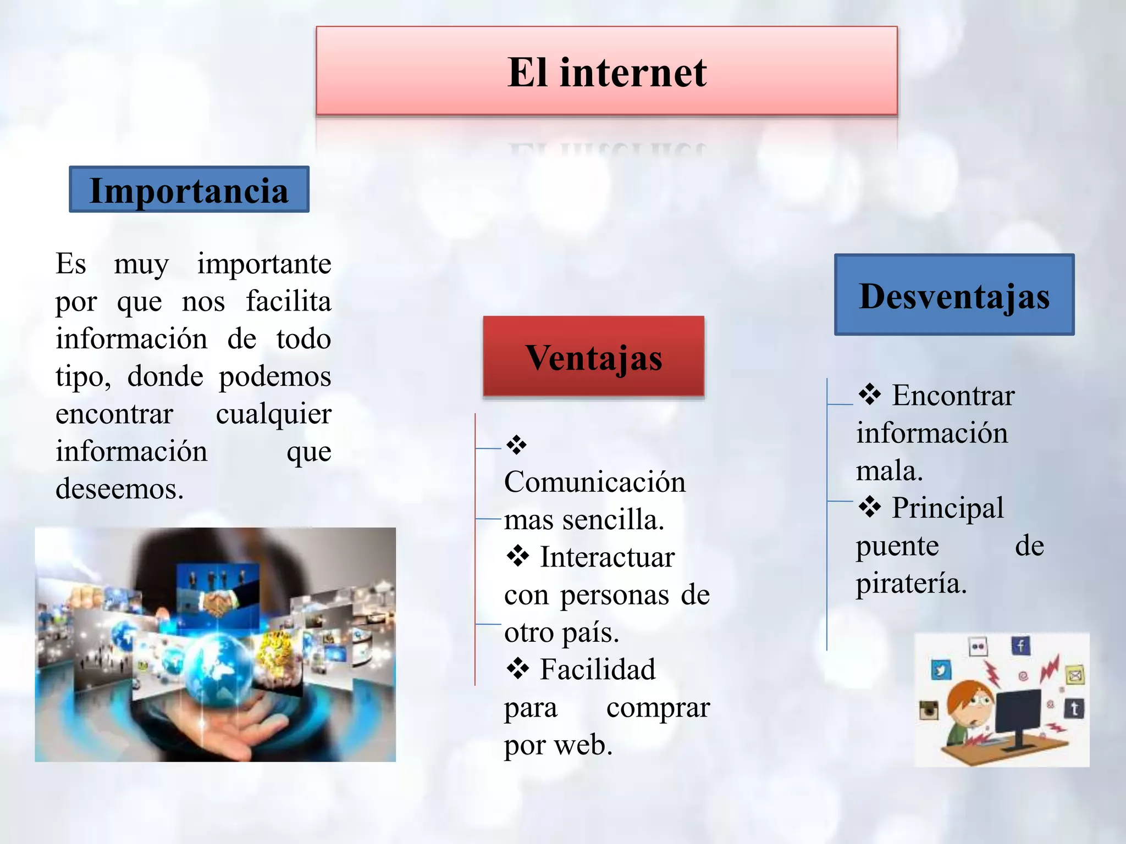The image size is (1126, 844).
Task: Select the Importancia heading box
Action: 189,190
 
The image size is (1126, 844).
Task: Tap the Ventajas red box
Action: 593,357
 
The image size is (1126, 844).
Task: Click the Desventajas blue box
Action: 954,295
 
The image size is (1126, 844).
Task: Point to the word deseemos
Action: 119,488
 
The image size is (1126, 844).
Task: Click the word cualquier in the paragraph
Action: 273,414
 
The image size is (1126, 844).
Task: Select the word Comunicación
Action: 595,482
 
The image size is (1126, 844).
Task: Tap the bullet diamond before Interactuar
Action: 517,557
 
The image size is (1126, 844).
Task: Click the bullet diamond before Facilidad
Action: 517,669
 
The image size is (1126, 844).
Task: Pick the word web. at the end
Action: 583,745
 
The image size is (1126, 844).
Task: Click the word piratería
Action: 911,583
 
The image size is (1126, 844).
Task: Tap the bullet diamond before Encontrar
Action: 869,395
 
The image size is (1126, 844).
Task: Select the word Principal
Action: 947,507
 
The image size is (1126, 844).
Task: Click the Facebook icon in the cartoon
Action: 1020,646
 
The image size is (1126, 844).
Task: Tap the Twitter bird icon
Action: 941,670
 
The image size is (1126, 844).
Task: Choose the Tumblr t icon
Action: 1074,709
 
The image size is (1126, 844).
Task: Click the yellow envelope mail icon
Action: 1075,675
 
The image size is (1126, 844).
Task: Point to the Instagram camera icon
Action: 929,710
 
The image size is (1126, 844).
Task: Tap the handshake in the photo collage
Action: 220,602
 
